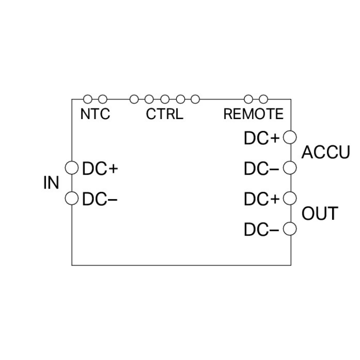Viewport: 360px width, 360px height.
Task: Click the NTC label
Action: pyautogui.click(x=95, y=114)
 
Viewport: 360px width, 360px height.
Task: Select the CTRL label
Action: pyautogui.click(x=165, y=114)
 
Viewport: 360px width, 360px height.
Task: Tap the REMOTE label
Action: pyautogui.click(x=253, y=114)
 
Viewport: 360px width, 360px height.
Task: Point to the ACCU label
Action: pyautogui.click(x=326, y=153)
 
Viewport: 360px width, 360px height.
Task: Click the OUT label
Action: pyautogui.click(x=320, y=213)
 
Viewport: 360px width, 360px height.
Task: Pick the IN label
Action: pyautogui.click(x=51, y=183)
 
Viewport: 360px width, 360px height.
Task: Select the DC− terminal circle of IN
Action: pyautogui.click(x=72, y=198)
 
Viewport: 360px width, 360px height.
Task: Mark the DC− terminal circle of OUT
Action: pyautogui.click(x=290, y=228)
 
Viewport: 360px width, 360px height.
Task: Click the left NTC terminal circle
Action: pyautogui.click(x=87, y=99)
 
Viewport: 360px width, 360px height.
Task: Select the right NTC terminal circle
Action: pyautogui.click(x=102, y=99)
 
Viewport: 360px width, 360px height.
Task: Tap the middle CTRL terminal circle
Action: pyautogui.click(x=165, y=99)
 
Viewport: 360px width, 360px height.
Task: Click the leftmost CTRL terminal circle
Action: pyautogui.click(x=134, y=99)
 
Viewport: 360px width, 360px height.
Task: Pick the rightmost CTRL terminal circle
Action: pyautogui.click(x=195, y=99)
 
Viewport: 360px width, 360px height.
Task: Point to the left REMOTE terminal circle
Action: pyautogui.click(x=248, y=99)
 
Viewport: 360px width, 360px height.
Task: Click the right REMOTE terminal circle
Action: pyautogui.click(x=263, y=99)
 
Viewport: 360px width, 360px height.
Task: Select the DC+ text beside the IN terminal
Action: pyautogui.click(x=100, y=168)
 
